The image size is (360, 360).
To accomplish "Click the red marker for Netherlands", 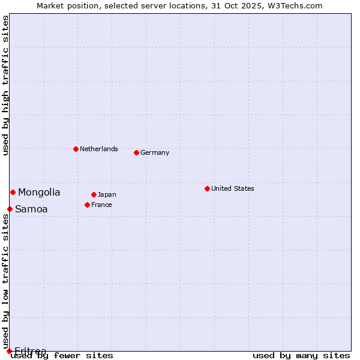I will click(x=76, y=149).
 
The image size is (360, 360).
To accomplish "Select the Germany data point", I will click(x=136, y=152).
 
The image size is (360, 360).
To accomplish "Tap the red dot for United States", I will click(x=207, y=188).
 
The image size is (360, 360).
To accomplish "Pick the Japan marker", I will click(x=94, y=194).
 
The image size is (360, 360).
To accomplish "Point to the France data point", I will click(x=87, y=205).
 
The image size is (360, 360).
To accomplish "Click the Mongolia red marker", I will click(x=13, y=192).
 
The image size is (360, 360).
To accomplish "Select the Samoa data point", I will click(x=10, y=209).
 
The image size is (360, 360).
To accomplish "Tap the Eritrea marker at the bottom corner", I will click(x=9, y=351).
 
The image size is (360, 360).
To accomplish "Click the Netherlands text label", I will click(x=98, y=149).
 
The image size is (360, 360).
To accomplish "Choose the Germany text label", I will click(x=155, y=152).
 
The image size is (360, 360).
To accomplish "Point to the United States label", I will click(x=232, y=188).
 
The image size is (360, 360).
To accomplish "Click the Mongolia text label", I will click(x=39, y=192).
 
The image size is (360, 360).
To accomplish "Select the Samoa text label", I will click(x=31, y=209).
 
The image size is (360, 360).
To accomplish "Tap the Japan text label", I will click(x=107, y=194).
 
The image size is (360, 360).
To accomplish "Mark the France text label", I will click(x=101, y=205).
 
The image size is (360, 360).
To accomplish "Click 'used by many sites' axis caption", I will click(x=301, y=355).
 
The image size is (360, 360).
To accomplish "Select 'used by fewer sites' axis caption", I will click(x=62, y=355).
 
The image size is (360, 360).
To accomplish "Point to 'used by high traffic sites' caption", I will click(x=5, y=85).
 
